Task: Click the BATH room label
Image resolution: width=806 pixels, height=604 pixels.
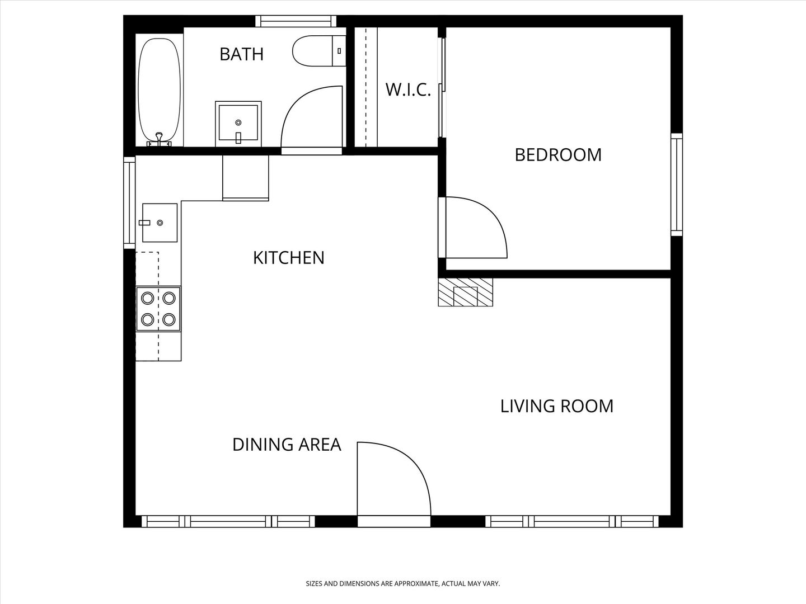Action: click(242, 54)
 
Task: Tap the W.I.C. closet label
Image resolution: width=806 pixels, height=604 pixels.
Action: click(408, 90)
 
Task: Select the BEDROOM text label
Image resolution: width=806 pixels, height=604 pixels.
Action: click(558, 155)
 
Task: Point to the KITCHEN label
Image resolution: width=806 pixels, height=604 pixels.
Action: click(289, 258)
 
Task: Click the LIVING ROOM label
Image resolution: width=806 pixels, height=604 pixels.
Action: click(557, 407)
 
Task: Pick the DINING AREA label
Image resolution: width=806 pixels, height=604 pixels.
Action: click(287, 445)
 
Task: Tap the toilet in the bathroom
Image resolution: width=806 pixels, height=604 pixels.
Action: click(319, 51)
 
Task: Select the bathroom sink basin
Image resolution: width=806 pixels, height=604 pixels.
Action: click(238, 124)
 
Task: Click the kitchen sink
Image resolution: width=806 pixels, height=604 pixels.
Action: click(160, 223)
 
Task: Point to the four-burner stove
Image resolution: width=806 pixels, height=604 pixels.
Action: click(158, 309)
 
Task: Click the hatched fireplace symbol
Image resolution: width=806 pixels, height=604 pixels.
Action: click(465, 292)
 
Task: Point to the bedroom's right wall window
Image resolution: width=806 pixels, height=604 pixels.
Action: click(677, 185)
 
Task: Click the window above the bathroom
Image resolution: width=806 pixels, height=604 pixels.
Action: click(296, 21)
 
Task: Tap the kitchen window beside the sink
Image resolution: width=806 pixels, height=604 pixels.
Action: click(129, 202)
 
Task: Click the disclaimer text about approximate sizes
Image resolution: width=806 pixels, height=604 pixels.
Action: click(403, 583)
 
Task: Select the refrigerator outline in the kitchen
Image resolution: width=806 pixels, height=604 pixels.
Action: click(246, 178)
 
